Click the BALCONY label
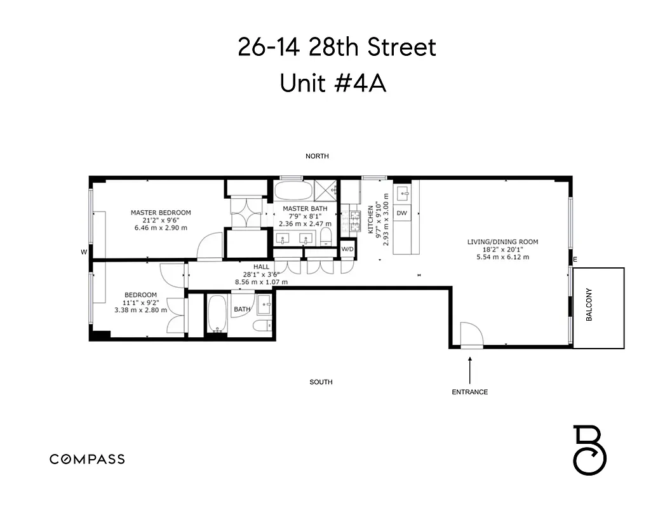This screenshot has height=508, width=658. tap(589, 305)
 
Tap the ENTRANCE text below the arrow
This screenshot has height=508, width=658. tap(470, 392)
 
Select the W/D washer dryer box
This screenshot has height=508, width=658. tap(347, 249)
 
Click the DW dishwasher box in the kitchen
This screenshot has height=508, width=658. tap(402, 213)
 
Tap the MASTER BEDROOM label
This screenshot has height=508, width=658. tap(161, 213)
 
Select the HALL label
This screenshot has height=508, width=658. tap(261, 267)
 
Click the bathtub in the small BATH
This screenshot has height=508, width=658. tap(217, 314)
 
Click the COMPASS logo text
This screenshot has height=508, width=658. tap(87, 459)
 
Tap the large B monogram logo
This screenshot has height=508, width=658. tap(590, 450)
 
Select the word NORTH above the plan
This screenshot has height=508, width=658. tap(317, 156)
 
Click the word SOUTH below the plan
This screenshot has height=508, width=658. tap(321, 382)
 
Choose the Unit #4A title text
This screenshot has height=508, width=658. tap(333, 83)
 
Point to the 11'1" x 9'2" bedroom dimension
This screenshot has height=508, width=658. tap(140, 302)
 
